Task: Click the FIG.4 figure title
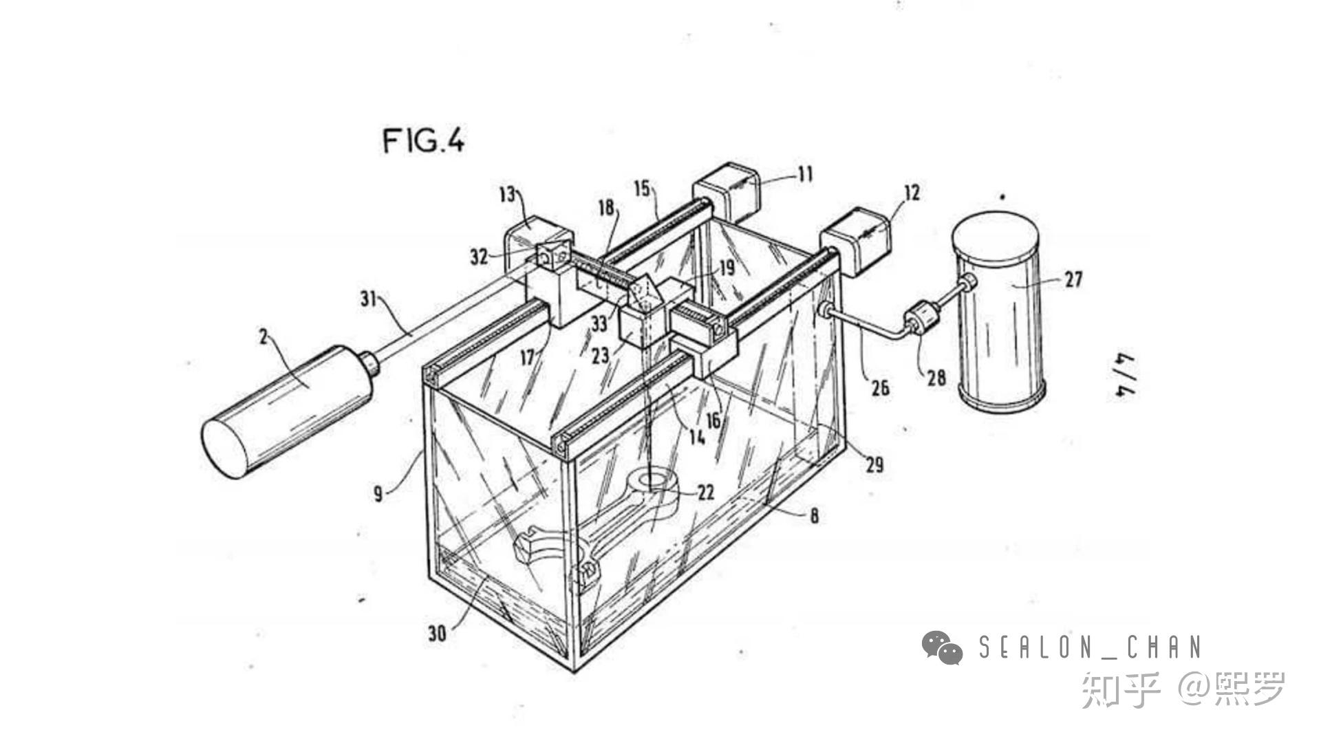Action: coord(423,141)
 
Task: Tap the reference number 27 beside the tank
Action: coord(1073,279)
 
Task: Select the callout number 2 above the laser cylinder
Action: coord(263,336)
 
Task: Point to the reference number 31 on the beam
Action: coord(369,299)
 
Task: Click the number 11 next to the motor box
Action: coord(805,174)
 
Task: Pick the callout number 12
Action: coord(911,193)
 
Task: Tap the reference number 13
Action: coord(506,195)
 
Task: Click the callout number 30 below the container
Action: coord(437,633)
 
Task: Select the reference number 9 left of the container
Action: coord(378,493)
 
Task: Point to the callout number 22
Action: coord(706,492)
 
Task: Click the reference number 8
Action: coord(814,515)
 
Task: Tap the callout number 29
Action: coord(874,465)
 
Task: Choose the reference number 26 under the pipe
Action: coord(880,388)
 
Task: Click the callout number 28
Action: coord(936,377)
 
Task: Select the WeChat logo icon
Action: coord(942,647)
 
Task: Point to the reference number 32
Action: coord(479,257)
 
